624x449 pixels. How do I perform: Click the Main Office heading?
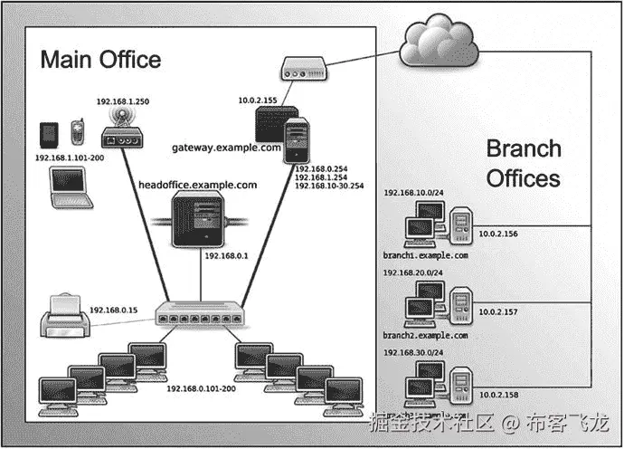pos(100,60)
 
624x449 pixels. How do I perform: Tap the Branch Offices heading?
pos(524,163)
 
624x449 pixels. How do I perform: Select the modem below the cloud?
pos(302,70)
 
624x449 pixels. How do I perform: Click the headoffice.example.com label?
pos(197,185)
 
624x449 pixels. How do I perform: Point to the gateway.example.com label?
pos(225,146)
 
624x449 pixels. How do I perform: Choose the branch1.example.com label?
pos(425,256)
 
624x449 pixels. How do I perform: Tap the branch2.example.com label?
pos(425,335)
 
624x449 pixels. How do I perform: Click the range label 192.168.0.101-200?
pos(201,388)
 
